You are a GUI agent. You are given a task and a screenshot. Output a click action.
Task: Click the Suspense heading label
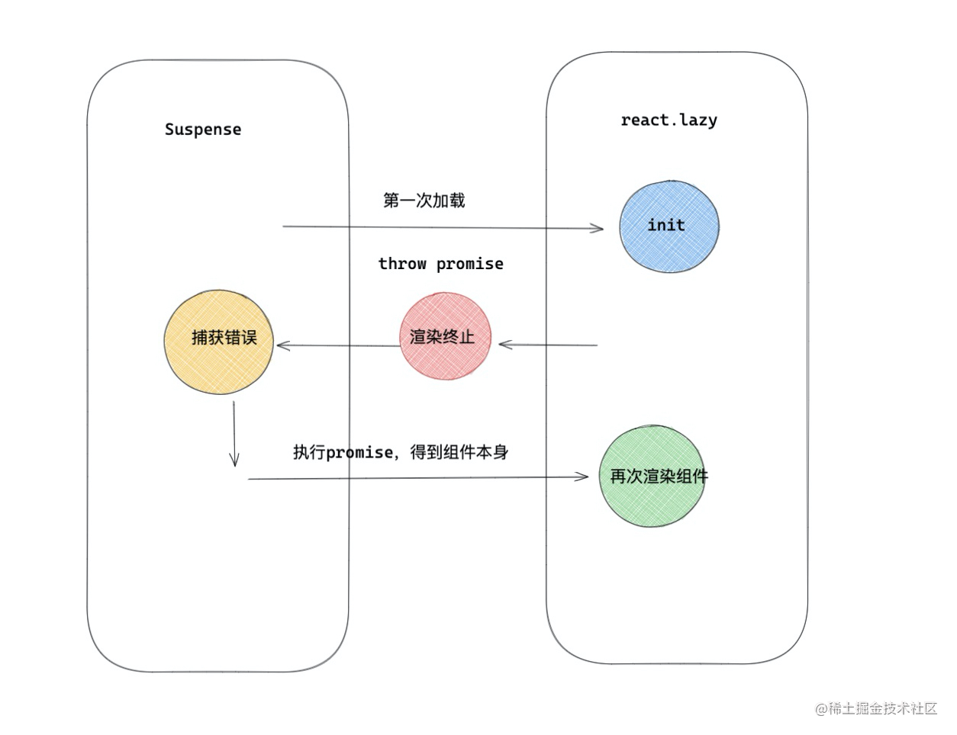coord(203,130)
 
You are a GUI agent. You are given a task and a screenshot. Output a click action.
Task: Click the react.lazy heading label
coord(669,120)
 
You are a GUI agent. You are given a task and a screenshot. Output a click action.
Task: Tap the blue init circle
coord(669,226)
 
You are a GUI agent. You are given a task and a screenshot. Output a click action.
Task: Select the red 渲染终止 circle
coord(445,336)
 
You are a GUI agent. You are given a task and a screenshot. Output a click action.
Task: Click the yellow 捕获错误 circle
coord(219,342)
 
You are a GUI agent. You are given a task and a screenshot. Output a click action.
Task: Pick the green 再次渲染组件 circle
coord(652,477)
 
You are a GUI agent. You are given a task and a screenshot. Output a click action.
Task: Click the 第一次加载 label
coord(424,201)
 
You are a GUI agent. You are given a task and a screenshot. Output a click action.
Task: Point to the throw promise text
coord(441,264)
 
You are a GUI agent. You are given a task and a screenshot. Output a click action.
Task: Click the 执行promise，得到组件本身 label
coord(401,452)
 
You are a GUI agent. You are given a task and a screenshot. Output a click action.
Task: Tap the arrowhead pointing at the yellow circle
coord(283,345)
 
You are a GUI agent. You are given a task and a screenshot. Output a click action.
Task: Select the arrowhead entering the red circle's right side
coord(504,345)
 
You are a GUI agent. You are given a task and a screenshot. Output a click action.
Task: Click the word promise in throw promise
coord(470,264)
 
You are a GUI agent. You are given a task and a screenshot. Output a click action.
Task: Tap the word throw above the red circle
coord(402,264)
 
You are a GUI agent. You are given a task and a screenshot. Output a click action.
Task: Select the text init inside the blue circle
coord(666,225)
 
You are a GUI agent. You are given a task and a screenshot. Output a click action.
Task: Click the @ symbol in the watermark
coord(821,709)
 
